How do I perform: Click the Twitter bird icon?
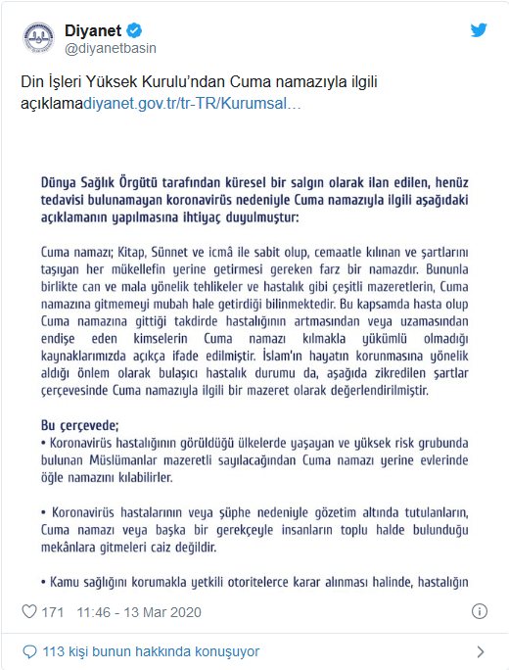(479, 30)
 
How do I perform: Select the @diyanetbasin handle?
(111, 48)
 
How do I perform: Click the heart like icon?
(29, 612)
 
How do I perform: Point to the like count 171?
(53, 612)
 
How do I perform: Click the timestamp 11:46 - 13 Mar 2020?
(142, 612)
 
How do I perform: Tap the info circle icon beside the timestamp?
(480, 611)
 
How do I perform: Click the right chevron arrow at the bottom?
(480, 651)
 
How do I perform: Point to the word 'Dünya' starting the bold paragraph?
(61, 181)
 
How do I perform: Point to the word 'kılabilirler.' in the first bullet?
(138, 477)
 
